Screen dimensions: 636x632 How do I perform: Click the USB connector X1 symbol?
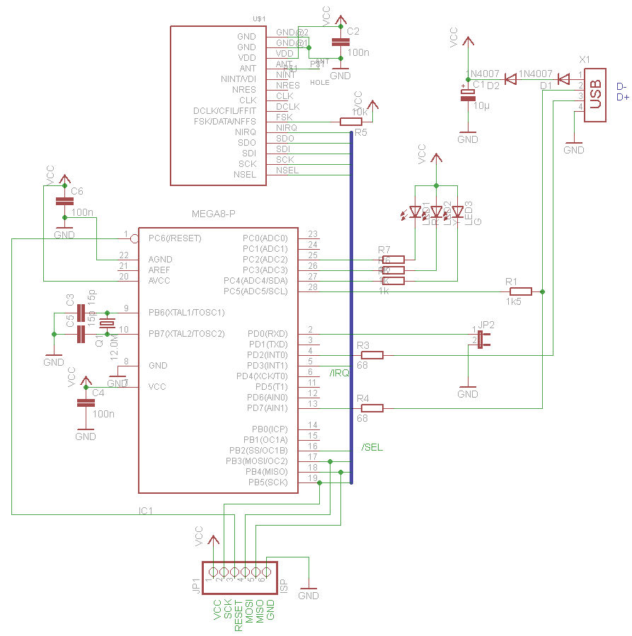point(595,95)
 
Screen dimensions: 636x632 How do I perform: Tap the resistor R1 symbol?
point(520,291)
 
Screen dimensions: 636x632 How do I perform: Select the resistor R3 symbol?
point(372,355)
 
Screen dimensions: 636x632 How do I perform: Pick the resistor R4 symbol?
point(372,408)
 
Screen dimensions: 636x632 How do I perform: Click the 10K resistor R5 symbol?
point(352,122)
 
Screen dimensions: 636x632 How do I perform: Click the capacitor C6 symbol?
point(64,202)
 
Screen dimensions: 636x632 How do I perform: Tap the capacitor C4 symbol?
point(86,403)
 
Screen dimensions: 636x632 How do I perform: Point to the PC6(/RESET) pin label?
point(175,238)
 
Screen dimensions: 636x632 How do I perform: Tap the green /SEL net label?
point(372,448)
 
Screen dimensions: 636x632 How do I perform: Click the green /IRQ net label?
point(339,373)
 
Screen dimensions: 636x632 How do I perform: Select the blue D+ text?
point(623,97)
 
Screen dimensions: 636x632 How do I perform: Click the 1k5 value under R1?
point(514,302)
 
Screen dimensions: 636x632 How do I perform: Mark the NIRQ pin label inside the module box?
point(245,132)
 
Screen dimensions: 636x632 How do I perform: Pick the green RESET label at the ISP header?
point(239,615)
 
